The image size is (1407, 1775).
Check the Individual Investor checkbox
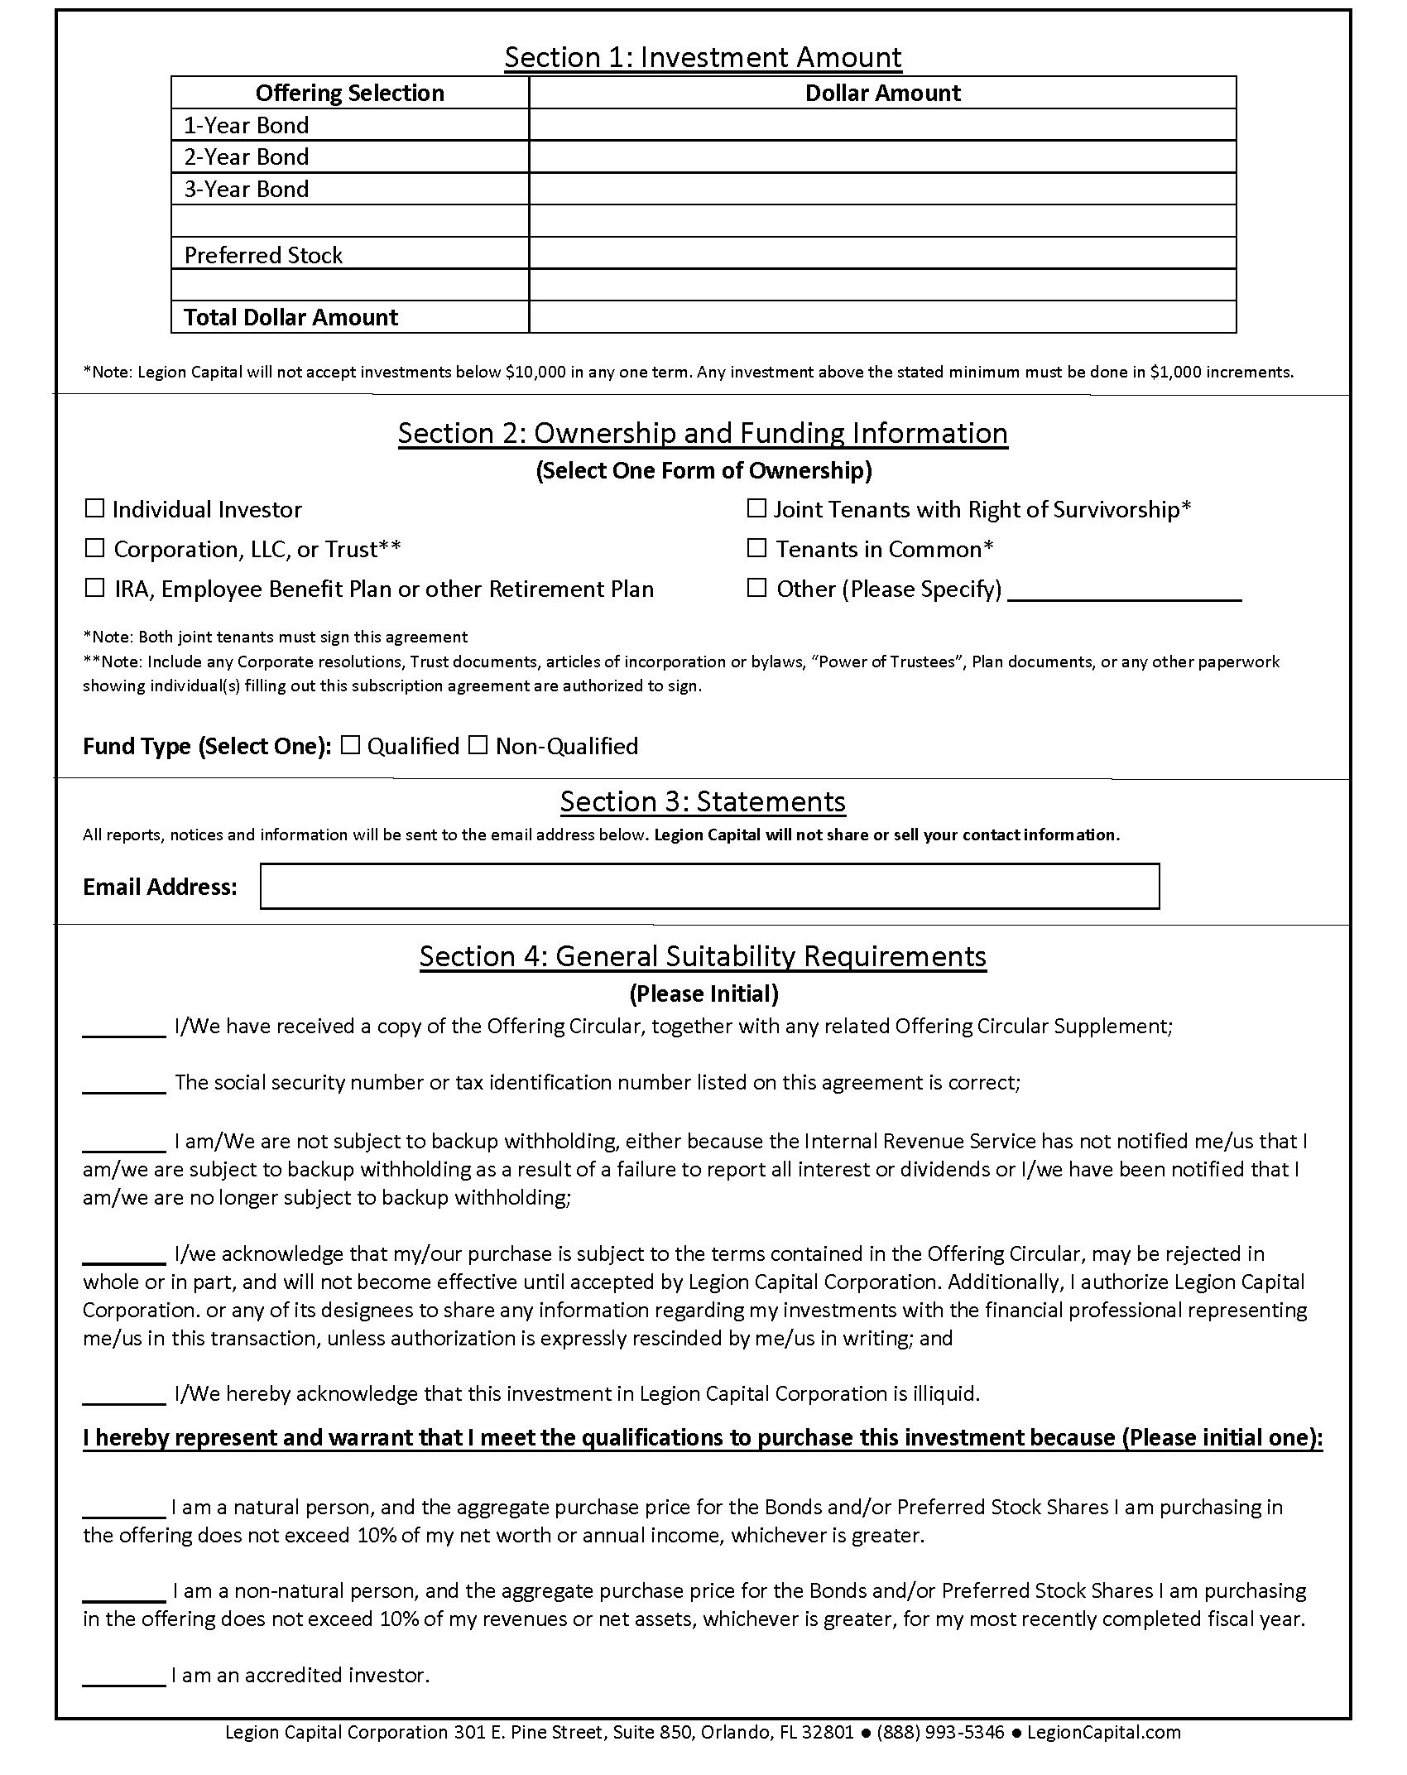95,507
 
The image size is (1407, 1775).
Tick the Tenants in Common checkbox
756,547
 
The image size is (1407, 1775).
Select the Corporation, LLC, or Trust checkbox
95,548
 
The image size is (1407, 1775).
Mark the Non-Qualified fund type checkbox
478,745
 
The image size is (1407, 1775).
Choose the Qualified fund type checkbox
351,745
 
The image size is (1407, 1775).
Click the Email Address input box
709,886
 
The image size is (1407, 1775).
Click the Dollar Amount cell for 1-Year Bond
882,125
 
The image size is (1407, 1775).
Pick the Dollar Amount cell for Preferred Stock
882,253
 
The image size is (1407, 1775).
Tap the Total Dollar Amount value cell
882,317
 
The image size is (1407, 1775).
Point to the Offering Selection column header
349,93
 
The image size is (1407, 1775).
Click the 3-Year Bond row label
247,189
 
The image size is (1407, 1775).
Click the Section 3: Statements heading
703,801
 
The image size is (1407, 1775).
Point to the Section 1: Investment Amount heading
703,57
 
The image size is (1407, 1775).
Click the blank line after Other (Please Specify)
1125,591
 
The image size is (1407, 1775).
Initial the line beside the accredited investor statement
124,1674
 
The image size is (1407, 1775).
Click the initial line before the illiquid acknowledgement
124,1393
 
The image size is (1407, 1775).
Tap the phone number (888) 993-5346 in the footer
940,1732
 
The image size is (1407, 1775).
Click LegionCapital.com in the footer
1103,1732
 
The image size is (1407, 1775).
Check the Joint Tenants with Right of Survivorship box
756,507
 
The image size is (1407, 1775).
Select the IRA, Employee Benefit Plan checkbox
95,588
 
